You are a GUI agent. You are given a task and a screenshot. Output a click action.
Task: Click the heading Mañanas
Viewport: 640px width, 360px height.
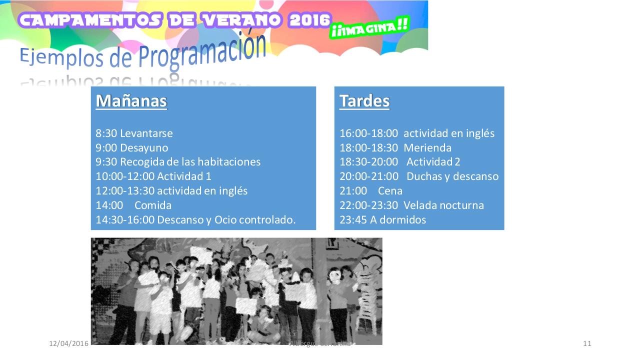pyautogui.click(x=131, y=101)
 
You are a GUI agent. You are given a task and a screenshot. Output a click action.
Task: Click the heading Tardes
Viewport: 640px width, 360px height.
pyautogui.click(x=364, y=101)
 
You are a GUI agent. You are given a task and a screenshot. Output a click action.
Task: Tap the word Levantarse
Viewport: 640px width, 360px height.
pyautogui.click(x=146, y=133)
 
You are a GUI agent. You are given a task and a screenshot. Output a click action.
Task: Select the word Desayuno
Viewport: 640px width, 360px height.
pyautogui.click(x=144, y=148)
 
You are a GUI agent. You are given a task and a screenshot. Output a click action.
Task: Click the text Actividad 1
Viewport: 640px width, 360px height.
pyautogui.click(x=184, y=176)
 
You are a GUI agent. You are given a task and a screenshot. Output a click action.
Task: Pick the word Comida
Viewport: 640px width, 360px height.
pyautogui.click(x=153, y=205)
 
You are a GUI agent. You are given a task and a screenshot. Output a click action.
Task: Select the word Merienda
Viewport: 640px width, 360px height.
pyautogui.click(x=427, y=148)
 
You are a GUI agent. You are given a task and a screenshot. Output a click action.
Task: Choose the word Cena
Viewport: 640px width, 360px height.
pyautogui.click(x=390, y=191)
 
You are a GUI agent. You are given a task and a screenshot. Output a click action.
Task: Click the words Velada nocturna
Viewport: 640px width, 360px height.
pyautogui.click(x=443, y=205)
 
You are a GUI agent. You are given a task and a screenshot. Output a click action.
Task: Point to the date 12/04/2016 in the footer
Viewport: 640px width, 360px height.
pyautogui.click(x=68, y=343)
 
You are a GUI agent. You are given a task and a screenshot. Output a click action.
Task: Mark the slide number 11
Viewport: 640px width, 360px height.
pyautogui.click(x=587, y=343)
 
